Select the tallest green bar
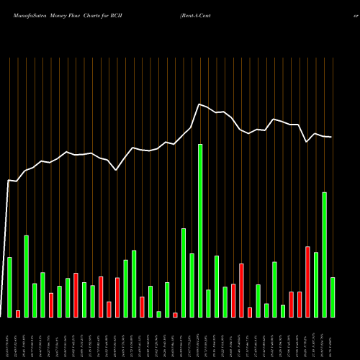click(x=200, y=230)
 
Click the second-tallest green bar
click(x=324, y=254)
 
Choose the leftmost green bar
click(x=9, y=287)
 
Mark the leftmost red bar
click(x=18, y=313)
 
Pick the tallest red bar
click(x=307, y=282)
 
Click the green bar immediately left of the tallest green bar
click(x=192, y=285)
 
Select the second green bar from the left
click(x=26, y=276)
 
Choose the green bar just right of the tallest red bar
click(x=316, y=284)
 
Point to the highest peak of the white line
click(x=199, y=105)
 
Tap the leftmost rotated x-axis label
click(x=9, y=338)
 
